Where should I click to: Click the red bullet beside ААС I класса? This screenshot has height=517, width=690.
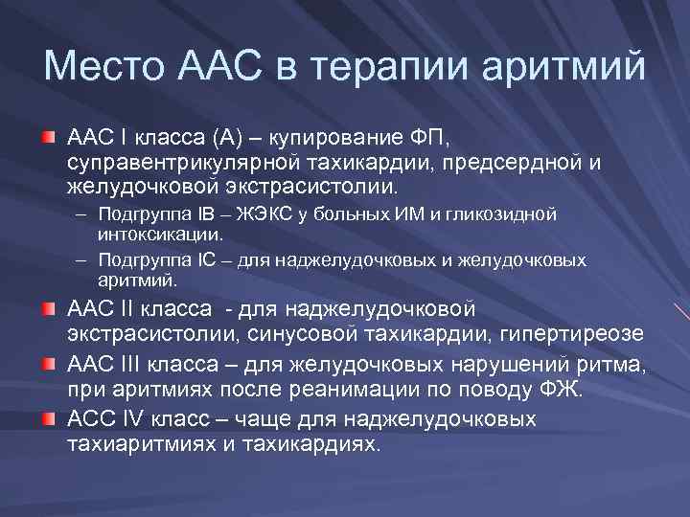coord(48,137)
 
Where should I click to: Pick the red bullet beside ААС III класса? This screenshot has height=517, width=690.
coord(48,365)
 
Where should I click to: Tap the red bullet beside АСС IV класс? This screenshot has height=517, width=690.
coord(48,420)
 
